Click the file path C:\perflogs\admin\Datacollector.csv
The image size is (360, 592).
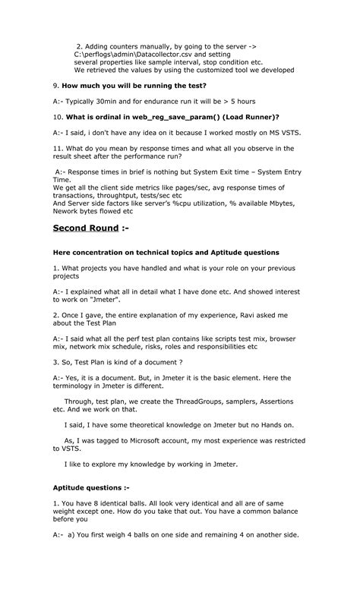point(134,55)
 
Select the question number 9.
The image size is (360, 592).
point(55,86)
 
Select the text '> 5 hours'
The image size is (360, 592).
point(238,101)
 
